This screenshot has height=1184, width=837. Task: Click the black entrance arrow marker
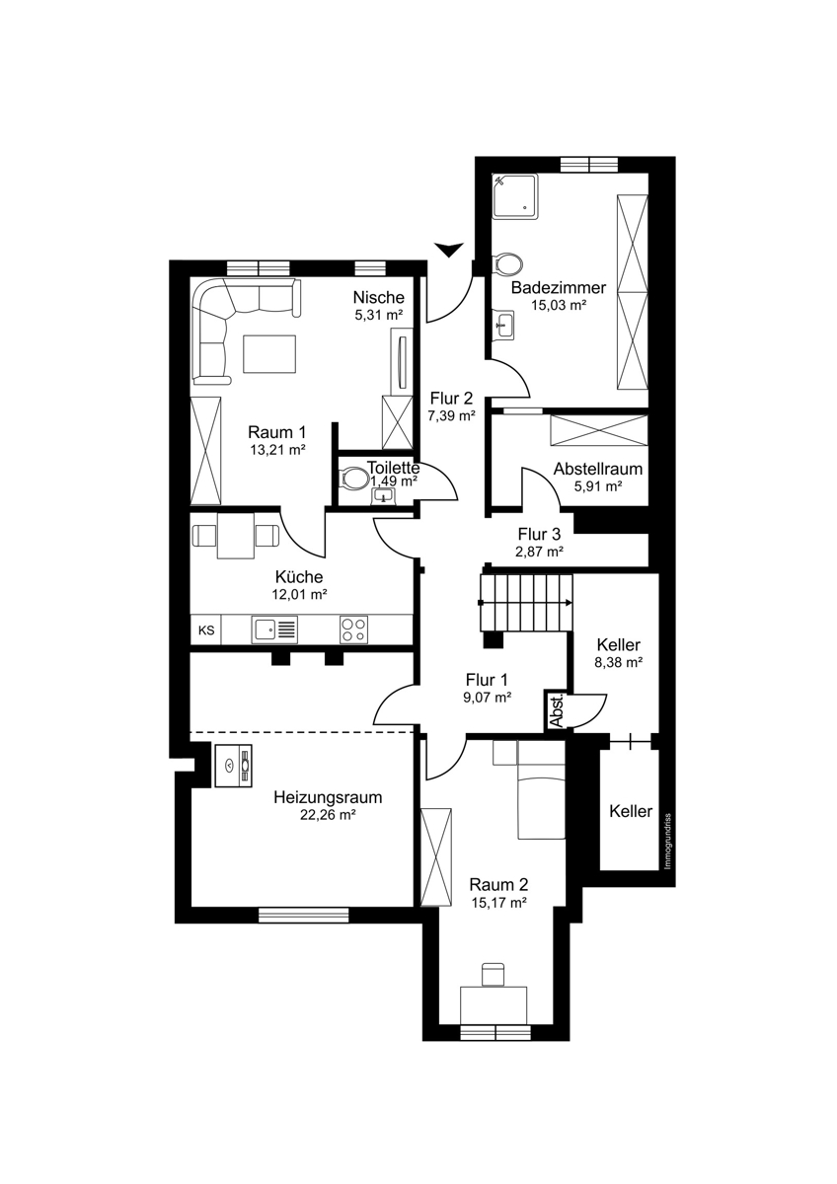click(448, 250)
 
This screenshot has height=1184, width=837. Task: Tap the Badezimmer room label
click(559, 288)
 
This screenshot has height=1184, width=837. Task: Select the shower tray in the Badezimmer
click(514, 196)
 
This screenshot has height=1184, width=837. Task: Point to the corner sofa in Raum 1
click(235, 323)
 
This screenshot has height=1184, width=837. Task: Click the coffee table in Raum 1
click(269, 353)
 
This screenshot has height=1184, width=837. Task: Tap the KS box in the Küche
click(206, 630)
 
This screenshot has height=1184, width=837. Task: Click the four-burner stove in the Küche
click(354, 629)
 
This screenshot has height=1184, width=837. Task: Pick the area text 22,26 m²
click(328, 815)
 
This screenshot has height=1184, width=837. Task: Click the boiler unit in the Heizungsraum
click(233, 766)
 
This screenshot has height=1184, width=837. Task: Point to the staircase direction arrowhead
click(568, 602)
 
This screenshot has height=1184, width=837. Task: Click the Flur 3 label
click(539, 534)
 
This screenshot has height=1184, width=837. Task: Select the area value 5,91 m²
click(597, 486)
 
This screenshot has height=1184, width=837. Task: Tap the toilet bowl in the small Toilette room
click(354, 479)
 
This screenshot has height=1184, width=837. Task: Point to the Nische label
click(379, 297)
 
